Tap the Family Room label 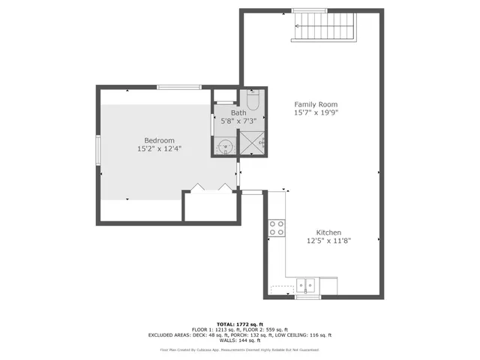point(315,104)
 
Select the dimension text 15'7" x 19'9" point(315,113)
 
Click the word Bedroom point(159,140)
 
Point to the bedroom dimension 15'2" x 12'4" point(159,149)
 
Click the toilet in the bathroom point(253,100)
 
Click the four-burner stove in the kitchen point(276,227)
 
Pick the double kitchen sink point(306,286)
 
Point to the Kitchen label point(328,232)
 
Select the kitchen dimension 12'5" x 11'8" point(328,241)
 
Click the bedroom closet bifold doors point(211,187)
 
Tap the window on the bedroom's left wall point(97,148)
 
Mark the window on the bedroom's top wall point(178,87)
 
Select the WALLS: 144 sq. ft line point(239,341)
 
